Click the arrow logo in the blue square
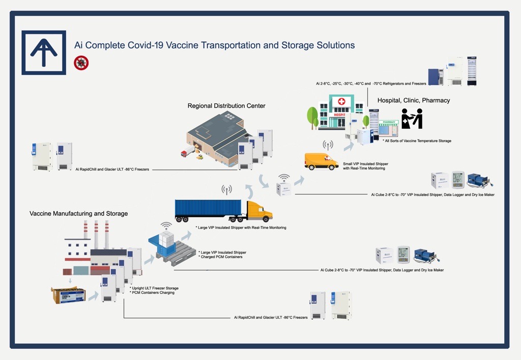coord(43,52)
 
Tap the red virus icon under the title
coord(81,63)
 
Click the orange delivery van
coord(321,161)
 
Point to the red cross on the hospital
coord(341,102)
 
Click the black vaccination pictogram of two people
coord(412,119)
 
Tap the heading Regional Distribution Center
coord(226,106)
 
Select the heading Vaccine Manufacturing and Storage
coord(78,213)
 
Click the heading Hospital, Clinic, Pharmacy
coord(414,100)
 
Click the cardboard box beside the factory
coord(68,295)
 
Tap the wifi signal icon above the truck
coord(226,189)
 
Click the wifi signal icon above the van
coord(328,145)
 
